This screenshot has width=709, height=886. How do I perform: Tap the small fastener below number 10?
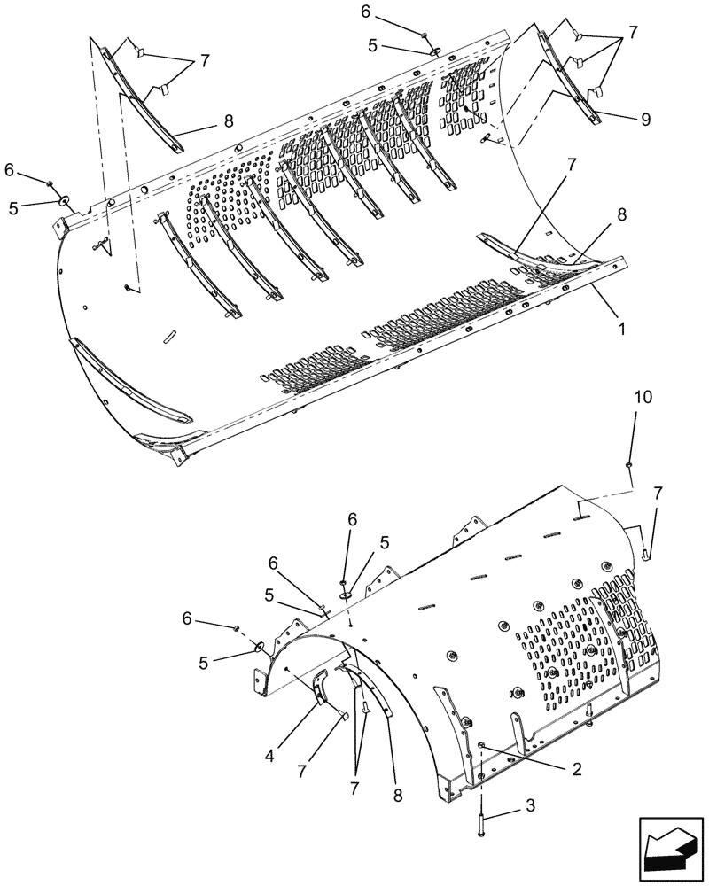(627, 462)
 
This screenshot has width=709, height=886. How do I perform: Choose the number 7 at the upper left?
(205, 61)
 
